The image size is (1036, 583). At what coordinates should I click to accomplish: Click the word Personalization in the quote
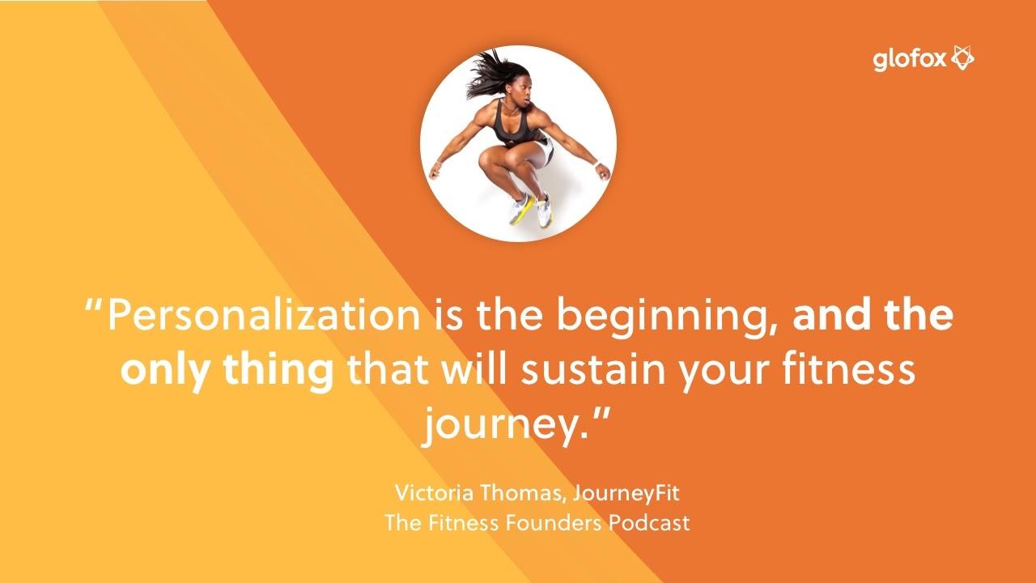click(x=264, y=315)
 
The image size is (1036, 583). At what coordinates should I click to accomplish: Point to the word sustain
click(x=593, y=370)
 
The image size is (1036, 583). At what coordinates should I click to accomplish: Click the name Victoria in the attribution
click(x=435, y=492)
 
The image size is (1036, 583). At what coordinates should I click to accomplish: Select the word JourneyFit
click(x=626, y=493)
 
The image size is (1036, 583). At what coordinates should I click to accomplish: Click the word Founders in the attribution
click(x=554, y=523)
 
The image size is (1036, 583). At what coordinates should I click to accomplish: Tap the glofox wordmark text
click(x=910, y=61)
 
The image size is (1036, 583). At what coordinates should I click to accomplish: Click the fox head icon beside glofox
click(x=962, y=57)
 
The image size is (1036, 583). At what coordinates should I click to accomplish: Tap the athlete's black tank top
click(x=513, y=124)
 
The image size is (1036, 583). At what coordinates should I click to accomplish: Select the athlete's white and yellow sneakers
click(x=532, y=210)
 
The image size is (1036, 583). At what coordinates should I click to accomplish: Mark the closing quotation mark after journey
click(x=597, y=414)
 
